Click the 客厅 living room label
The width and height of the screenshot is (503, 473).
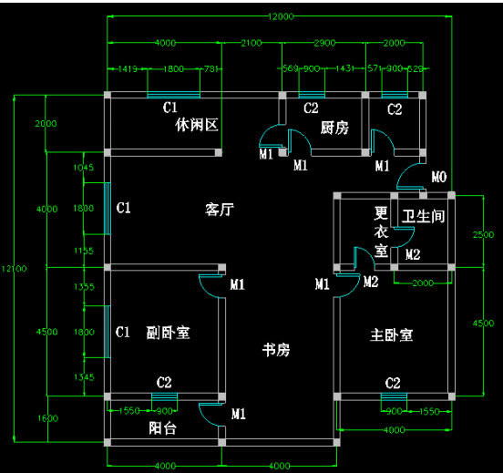220,210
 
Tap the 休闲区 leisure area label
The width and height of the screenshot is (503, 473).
198,125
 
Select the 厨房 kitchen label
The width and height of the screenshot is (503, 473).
334,129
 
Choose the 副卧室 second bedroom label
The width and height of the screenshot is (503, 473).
168,333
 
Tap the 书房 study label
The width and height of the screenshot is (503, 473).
276,350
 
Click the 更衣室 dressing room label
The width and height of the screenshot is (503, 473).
382,231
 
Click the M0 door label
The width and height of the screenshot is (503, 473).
439,177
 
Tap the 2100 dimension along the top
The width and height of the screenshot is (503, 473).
251,44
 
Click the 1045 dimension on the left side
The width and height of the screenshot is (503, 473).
83,168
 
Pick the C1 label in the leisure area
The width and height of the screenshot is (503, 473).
169,108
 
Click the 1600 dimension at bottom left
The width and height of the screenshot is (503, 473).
48,419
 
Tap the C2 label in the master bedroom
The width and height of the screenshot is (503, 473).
393,382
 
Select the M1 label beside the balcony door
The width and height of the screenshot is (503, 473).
239,415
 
